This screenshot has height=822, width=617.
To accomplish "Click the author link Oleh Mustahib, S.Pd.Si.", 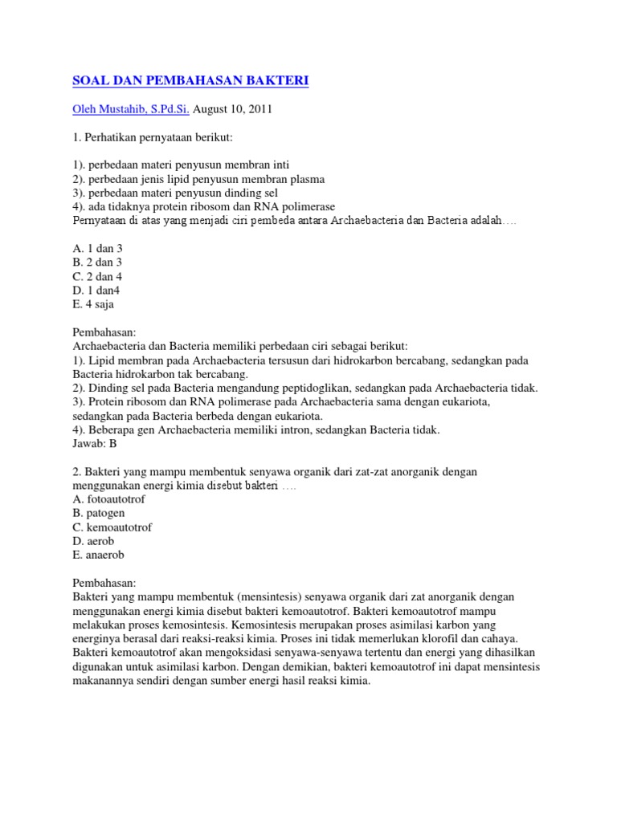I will tap(131, 110).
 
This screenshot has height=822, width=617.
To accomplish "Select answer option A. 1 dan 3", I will tap(97, 249).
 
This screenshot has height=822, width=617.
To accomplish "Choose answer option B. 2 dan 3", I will tap(97, 262).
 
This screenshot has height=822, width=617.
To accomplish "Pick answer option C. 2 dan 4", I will tap(97, 276).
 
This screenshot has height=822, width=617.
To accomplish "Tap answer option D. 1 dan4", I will tap(96, 290).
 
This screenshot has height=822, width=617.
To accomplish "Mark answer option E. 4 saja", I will tap(93, 304).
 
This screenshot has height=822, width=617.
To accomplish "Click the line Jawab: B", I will tap(95, 443).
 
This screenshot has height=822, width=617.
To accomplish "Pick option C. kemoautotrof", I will tap(112, 527).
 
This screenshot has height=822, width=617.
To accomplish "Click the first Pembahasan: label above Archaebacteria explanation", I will tap(104, 332).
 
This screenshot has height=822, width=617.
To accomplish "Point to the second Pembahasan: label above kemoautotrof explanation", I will tap(104, 583).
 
